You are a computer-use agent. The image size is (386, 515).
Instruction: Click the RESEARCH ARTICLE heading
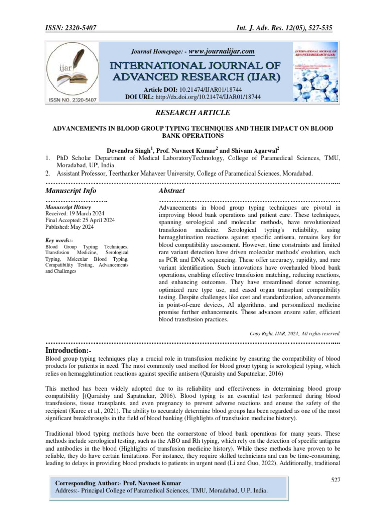(x=193, y=113)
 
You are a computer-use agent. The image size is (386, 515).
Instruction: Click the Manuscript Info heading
(x=71, y=191)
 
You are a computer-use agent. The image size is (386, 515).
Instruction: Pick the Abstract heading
(x=171, y=191)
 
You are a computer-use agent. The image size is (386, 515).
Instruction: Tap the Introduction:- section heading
(x=72, y=349)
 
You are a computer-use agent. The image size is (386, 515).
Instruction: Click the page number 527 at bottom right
(x=336, y=481)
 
